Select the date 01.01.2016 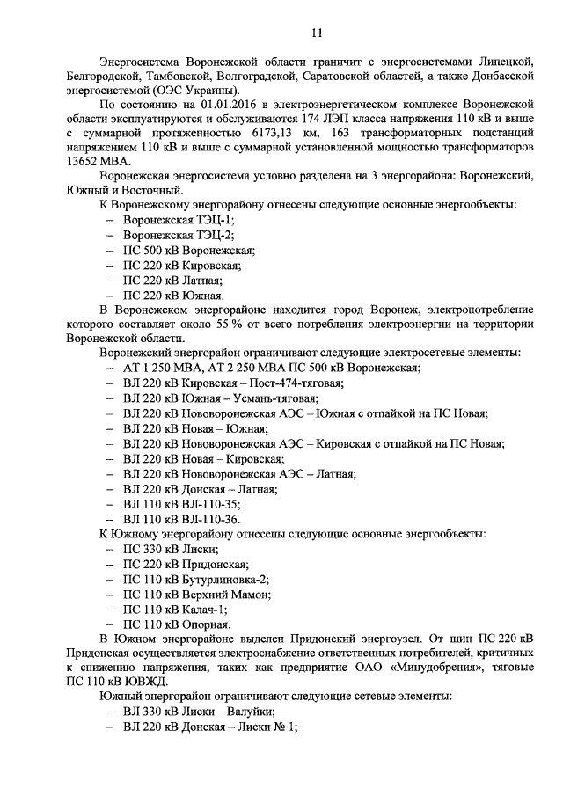230,104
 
